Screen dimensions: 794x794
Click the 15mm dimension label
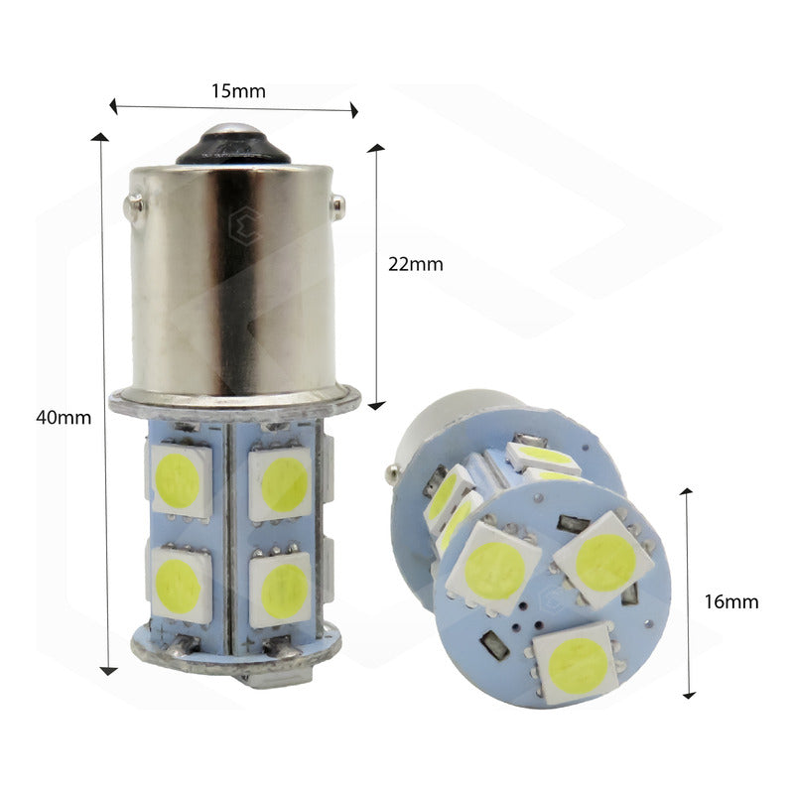(x=238, y=91)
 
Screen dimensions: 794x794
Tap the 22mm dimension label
(x=416, y=264)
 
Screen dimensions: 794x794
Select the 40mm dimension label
(x=64, y=418)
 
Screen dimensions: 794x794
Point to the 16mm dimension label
(x=731, y=601)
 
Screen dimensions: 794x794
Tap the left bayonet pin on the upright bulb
(x=133, y=206)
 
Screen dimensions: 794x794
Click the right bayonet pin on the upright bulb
(x=337, y=204)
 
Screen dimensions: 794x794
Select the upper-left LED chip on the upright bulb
(x=181, y=480)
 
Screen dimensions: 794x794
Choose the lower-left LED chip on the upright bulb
(x=180, y=585)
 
